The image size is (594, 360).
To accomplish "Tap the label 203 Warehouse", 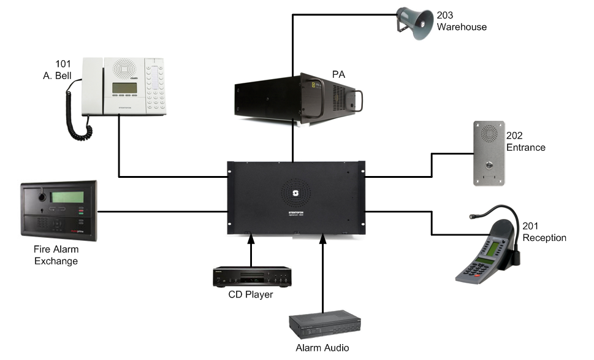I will (x=461, y=21).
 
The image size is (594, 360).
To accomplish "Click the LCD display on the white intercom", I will (x=124, y=88).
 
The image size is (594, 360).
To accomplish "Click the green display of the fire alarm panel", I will (x=67, y=197).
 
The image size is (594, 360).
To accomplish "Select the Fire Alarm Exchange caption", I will (x=56, y=255).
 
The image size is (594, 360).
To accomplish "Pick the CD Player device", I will (x=251, y=277).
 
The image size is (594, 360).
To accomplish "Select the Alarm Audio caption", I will (x=322, y=348).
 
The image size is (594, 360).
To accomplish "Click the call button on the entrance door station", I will (x=489, y=166).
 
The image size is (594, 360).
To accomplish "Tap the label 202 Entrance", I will (x=526, y=142).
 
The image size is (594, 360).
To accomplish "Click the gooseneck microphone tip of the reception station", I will (x=473, y=216).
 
